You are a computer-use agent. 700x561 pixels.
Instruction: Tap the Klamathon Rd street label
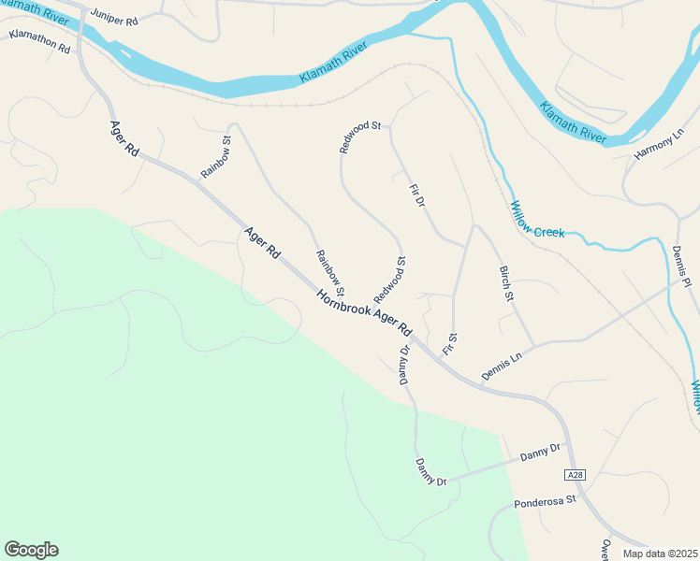39,40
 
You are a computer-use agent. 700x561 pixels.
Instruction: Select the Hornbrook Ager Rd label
364,312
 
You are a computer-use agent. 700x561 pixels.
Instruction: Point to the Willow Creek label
537,220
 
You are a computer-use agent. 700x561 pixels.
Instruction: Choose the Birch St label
507,284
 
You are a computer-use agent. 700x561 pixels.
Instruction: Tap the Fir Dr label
417,203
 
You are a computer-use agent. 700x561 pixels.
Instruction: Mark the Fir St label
450,344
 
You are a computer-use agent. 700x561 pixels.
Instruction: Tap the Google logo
31,550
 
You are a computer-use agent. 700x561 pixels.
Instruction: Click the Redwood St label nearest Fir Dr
361,137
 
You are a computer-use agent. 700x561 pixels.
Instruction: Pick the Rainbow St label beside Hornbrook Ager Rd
330,272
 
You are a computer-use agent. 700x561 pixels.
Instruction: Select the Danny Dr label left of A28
541,453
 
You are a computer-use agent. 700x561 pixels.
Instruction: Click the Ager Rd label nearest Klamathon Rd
124,143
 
